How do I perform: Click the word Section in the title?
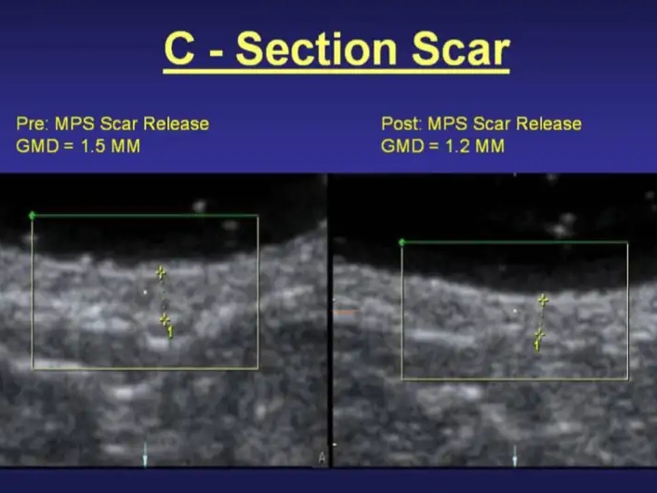coord(316,49)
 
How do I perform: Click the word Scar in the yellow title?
coord(461,49)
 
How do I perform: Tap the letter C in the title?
coord(180,49)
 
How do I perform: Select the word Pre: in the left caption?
coord(33,124)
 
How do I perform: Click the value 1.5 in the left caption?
coord(91,146)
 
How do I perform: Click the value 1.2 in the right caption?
coord(456,146)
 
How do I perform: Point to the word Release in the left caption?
coord(176,124)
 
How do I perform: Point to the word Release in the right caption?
coord(548,124)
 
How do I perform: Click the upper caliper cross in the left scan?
coord(161,273)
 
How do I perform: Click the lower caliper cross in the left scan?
coord(164,320)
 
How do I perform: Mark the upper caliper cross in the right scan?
coord(543,300)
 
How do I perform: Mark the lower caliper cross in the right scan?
coord(539,335)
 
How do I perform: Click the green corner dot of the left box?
coord(32,216)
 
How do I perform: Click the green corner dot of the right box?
coord(401,242)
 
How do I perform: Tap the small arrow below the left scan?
coord(145,455)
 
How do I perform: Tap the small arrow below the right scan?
coord(515,455)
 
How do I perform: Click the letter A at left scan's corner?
coord(322,458)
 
